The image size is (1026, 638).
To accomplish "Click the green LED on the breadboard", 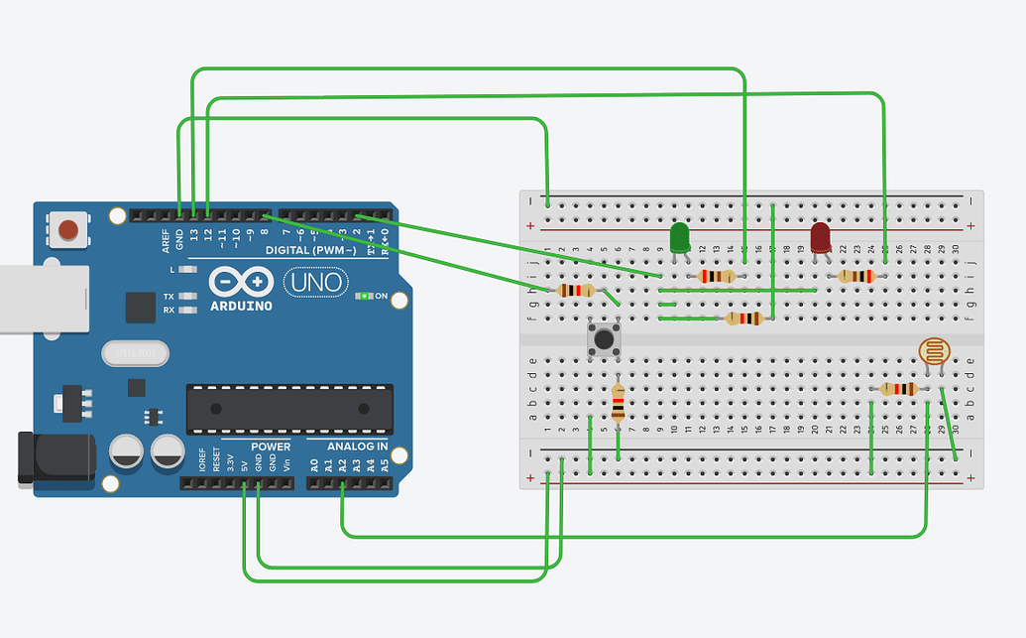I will pyautogui.click(x=679, y=239).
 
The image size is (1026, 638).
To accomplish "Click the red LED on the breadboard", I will pyautogui.click(x=821, y=238).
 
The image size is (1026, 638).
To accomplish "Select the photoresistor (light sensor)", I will pyautogui.click(x=933, y=351).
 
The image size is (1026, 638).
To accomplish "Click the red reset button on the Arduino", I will pyautogui.click(x=68, y=230).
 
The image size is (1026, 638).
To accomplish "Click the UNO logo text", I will pyautogui.click(x=315, y=283).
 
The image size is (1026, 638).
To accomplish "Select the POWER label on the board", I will pyautogui.click(x=271, y=447).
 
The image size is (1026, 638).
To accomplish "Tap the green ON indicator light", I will pyautogui.click(x=365, y=296).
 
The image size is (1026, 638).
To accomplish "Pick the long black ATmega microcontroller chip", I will pyautogui.click(x=285, y=409).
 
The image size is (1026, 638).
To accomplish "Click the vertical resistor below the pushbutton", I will pyautogui.click(x=619, y=403).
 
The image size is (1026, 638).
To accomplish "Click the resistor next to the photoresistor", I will pyautogui.click(x=898, y=389).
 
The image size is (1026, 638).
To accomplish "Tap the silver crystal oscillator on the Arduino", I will pyautogui.click(x=135, y=352).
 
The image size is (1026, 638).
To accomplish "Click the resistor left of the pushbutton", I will pyautogui.click(x=576, y=291).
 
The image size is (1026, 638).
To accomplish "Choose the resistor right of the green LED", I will pyautogui.click(x=717, y=277).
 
